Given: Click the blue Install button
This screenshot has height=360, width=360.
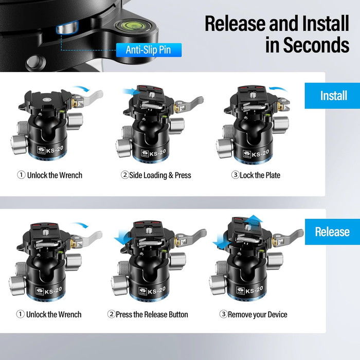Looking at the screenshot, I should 333,96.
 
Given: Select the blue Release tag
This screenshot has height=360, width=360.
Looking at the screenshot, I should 332,231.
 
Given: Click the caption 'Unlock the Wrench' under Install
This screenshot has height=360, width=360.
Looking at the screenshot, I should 50,175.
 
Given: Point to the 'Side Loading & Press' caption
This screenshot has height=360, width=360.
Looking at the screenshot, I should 156,175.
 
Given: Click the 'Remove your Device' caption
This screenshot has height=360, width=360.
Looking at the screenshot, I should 253,314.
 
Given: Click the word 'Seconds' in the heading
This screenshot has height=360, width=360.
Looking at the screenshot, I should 308,45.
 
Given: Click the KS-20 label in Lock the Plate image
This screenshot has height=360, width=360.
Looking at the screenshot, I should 259,153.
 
